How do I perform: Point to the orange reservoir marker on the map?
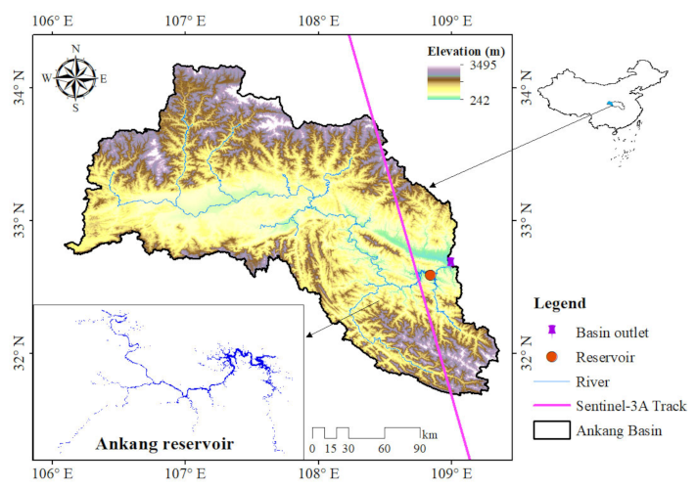click(x=430, y=275)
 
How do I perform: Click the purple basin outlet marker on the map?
click(x=450, y=261)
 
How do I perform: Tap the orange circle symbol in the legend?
click(x=552, y=357)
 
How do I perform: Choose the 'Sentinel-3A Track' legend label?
click(x=630, y=405)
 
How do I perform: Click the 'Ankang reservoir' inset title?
click(x=164, y=443)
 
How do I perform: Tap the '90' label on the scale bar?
click(x=420, y=449)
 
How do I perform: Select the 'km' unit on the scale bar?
click(x=429, y=433)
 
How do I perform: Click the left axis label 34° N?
click(x=20, y=87)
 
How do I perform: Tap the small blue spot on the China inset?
click(x=611, y=104)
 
